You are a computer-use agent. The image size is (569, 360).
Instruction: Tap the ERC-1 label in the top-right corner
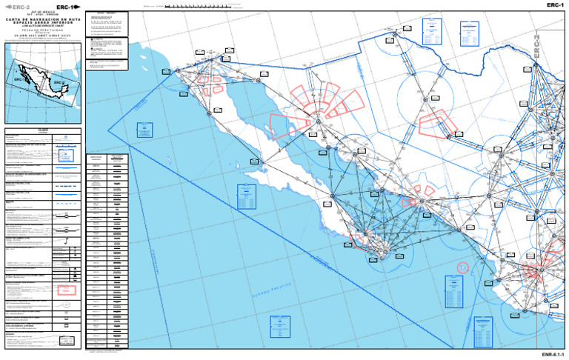point(556,5)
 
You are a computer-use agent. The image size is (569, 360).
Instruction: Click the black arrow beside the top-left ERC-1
point(78,7)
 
